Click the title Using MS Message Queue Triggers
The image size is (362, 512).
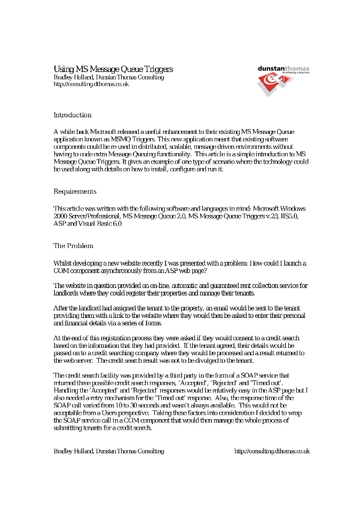tap(113, 69)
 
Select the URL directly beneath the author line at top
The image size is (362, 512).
tap(91, 84)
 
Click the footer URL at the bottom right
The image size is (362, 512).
tap(272, 451)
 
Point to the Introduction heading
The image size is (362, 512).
tap(73, 115)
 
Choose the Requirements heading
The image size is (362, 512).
tap(75, 191)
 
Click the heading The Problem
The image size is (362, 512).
tap(73, 246)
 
